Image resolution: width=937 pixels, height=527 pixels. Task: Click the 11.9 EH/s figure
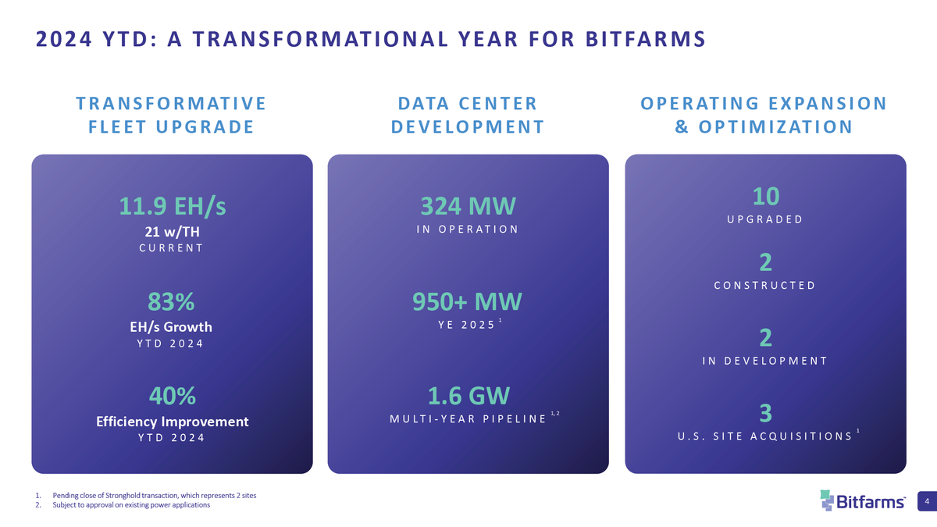(172, 206)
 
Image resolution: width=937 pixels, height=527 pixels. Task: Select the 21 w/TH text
(172, 232)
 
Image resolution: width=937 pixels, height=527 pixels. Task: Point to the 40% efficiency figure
(172, 397)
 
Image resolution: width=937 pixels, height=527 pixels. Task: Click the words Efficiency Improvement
(172, 422)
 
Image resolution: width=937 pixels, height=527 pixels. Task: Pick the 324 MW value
(468, 206)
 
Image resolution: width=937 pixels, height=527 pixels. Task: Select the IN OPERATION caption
(468, 229)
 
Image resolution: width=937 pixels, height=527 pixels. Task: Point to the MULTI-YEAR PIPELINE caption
(468, 419)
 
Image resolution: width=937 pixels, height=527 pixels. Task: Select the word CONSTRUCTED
(765, 285)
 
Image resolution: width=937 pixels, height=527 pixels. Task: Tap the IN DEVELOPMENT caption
(765, 361)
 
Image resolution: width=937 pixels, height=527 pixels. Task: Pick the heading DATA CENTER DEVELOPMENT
(468, 115)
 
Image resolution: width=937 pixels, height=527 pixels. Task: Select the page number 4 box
(925, 500)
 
